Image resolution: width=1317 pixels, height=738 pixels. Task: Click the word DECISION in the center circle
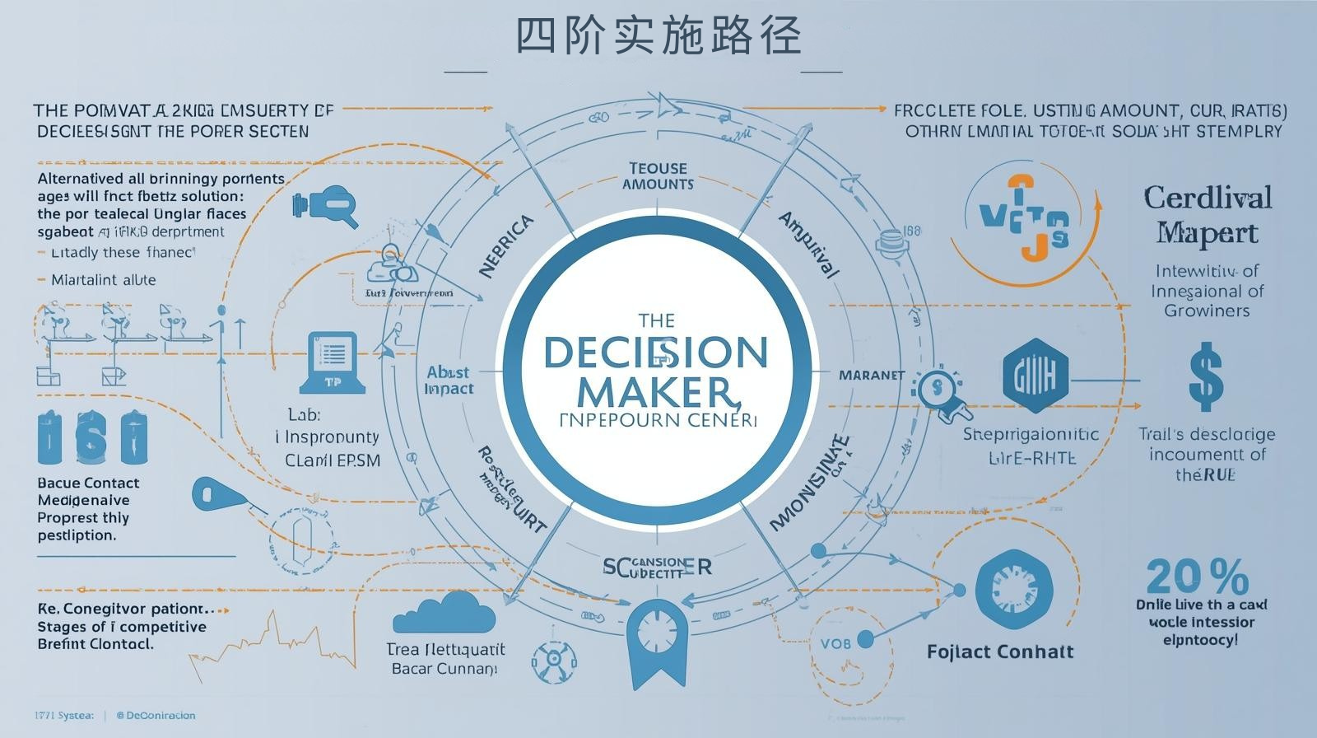pos(656,353)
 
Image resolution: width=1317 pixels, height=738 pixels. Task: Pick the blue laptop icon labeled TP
pos(333,362)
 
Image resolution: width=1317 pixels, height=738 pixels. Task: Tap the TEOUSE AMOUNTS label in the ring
pos(658,176)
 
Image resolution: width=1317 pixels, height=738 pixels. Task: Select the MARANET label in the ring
pos(872,375)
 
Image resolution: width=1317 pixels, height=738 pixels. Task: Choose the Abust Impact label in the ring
pos(449,380)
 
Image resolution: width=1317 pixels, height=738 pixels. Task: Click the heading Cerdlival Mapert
pos(1208,215)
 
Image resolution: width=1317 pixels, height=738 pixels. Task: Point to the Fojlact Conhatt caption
pos(1000,652)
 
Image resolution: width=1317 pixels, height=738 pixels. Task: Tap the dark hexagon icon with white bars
pos(1036,376)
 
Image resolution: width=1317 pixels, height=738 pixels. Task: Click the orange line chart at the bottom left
pos(272,642)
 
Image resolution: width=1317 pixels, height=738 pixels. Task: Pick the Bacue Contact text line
pos(88,483)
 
